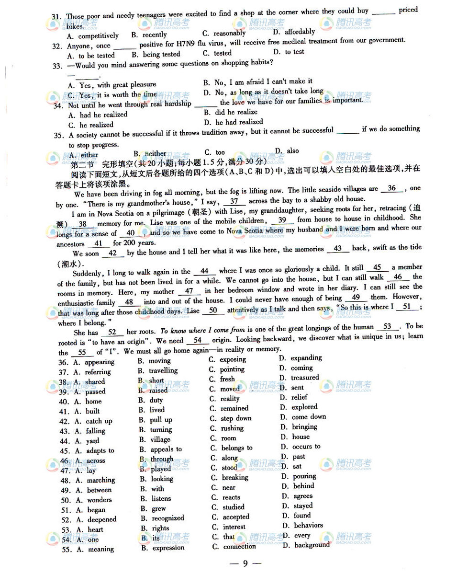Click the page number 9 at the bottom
[x=245, y=563]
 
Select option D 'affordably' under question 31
[x=300, y=32]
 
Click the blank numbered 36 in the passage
[x=392, y=188]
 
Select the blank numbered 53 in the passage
[x=388, y=327]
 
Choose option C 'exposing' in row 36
[x=233, y=359]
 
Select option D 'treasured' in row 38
[x=305, y=378]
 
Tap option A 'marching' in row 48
[x=100, y=480]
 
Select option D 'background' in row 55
[x=312, y=545]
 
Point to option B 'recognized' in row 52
[x=167, y=518]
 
